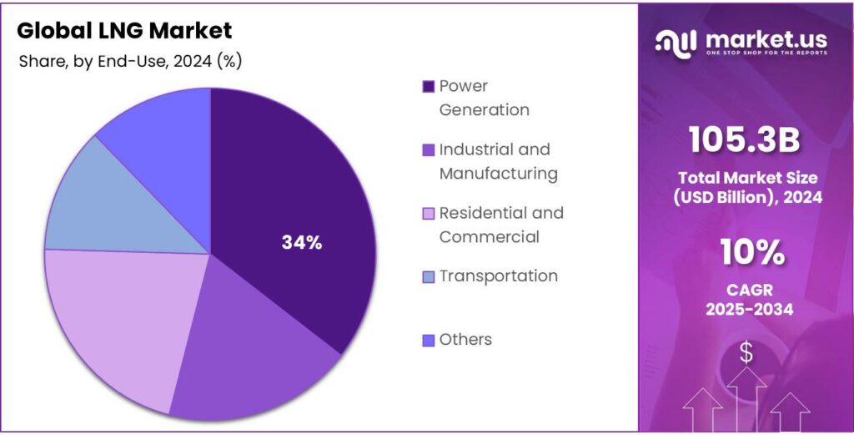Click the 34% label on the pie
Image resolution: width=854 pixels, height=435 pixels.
[301, 243]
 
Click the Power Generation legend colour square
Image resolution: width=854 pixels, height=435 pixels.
[429, 86]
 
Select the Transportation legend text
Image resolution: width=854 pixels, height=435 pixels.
[498, 276]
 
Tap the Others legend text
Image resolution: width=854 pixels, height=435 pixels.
[465, 339]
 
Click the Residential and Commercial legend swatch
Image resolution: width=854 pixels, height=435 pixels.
[429, 214]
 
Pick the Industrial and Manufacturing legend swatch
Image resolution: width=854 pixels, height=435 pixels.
[429, 150]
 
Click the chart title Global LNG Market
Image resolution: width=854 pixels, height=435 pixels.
[124, 31]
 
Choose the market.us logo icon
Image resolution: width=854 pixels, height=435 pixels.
[676, 42]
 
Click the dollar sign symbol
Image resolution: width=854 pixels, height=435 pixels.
[746, 353]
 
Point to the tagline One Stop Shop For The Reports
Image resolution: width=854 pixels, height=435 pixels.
[766, 53]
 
